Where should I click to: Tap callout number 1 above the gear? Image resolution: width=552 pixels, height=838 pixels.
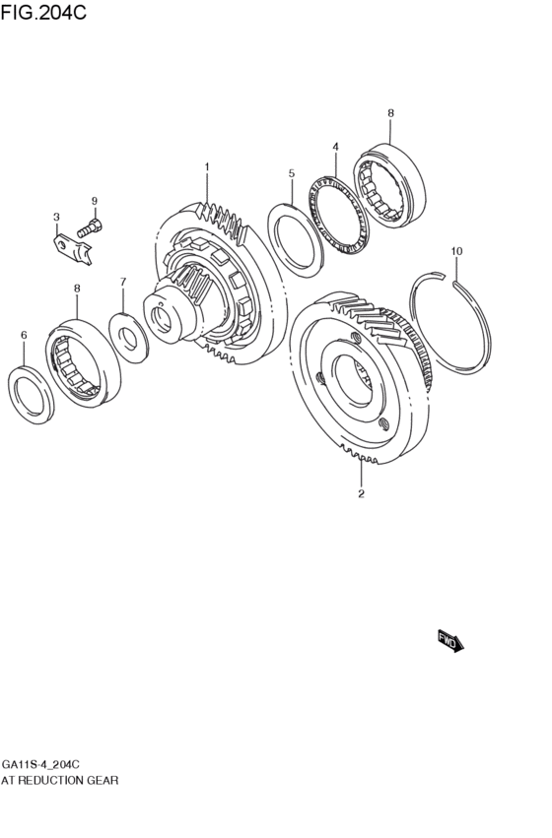click(207, 166)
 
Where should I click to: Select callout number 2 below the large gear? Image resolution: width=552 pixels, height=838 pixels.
click(361, 493)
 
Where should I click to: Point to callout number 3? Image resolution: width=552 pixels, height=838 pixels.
click(56, 217)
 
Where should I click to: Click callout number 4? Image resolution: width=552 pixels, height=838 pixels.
click(335, 147)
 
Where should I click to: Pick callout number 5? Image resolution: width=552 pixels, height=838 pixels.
click(292, 173)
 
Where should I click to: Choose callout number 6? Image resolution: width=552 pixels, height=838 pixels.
click(24, 336)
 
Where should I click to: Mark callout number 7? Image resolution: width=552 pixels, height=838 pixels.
click(123, 282)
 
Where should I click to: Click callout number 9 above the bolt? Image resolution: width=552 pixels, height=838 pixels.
click(95, 202)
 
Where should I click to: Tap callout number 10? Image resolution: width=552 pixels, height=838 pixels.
click(456, 251)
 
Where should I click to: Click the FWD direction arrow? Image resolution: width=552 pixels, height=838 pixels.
click(449, 641)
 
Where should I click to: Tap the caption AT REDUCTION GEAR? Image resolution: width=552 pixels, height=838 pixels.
click(60, 780)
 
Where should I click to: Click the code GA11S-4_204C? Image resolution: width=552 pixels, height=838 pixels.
click(40, 764)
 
